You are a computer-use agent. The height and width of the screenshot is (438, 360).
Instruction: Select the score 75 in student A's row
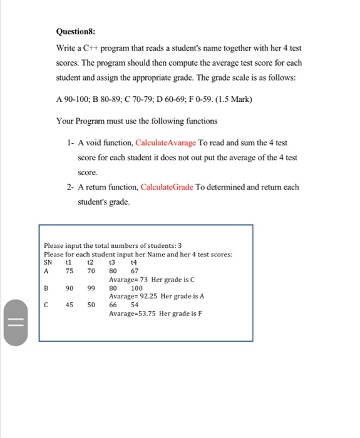tap(69, 271)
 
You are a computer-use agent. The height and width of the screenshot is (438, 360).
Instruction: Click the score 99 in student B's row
tap(91, 288)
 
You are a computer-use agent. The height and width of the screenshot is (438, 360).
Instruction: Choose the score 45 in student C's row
tap(69, 305)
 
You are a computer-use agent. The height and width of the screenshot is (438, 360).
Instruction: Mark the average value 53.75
tap(145, 313)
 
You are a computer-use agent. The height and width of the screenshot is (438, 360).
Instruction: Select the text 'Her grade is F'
tap(181, 313)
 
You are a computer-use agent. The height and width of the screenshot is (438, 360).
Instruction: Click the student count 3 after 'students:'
tap(180, 246)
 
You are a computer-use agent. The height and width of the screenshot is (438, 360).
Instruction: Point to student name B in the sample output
tap(46, 288)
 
